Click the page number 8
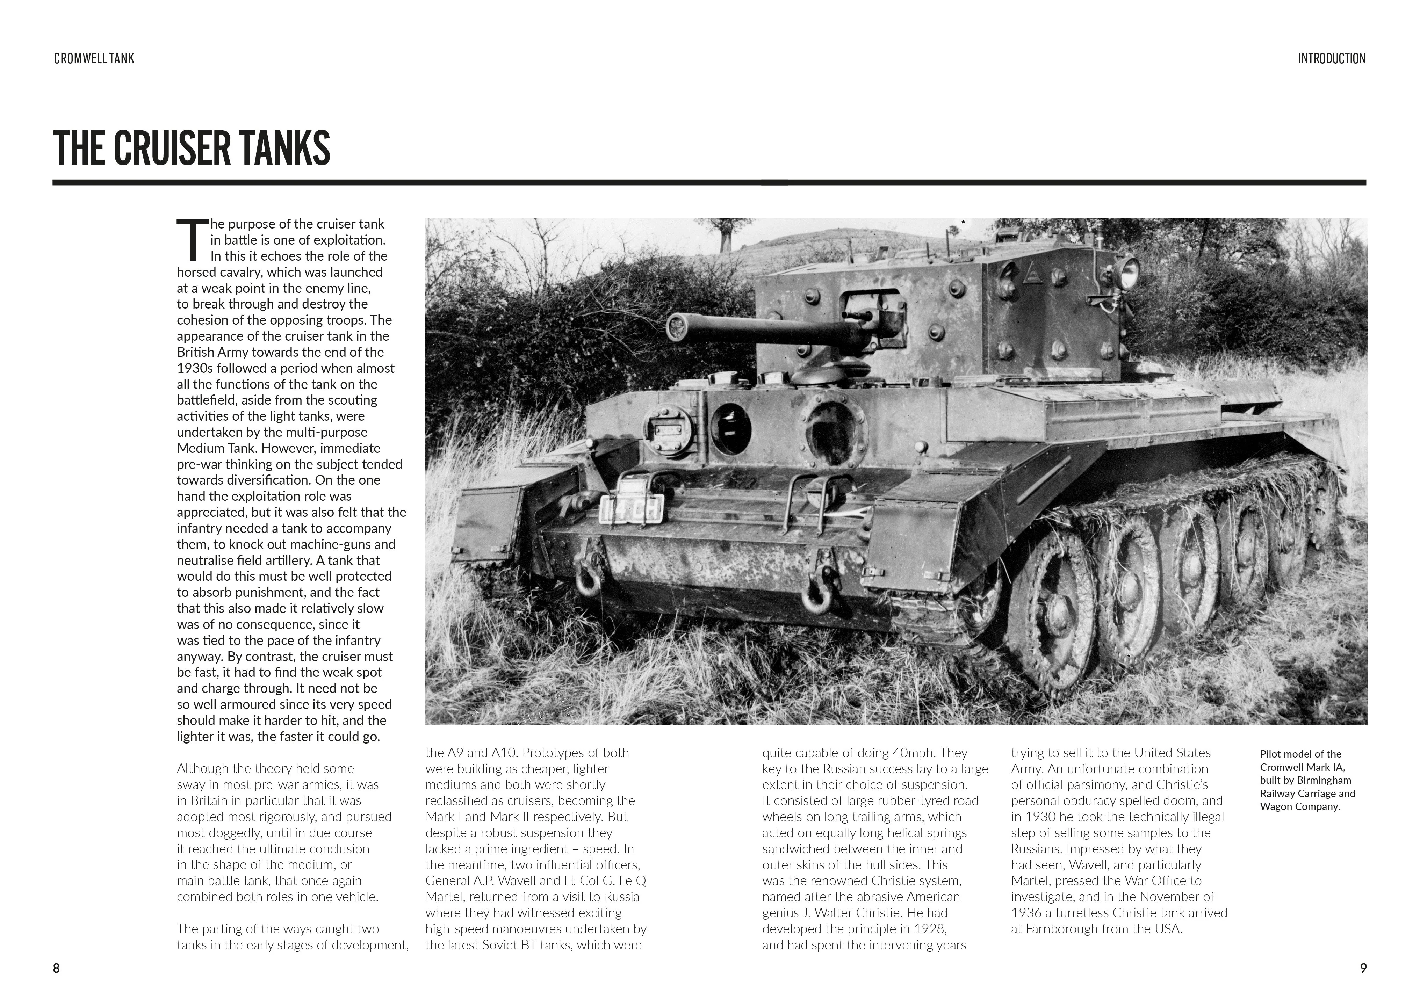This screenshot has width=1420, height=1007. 56,968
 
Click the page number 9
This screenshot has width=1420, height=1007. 1363,968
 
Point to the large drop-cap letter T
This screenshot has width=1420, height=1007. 189,239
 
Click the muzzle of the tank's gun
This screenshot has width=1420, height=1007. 675,324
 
